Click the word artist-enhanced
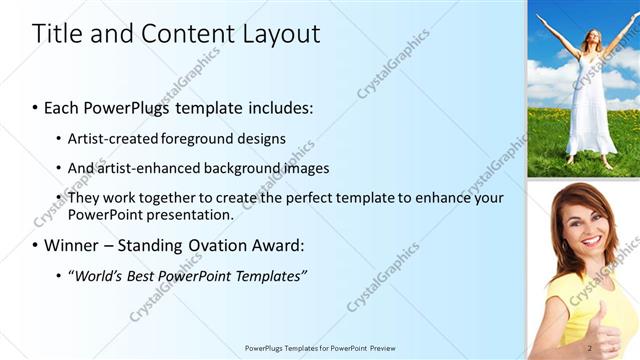pos(148,168)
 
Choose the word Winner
pos(73,245)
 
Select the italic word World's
pos(96,275)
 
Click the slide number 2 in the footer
pos(590,348)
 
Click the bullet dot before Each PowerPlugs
pos(36,107)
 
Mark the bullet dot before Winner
pos(36,246)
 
